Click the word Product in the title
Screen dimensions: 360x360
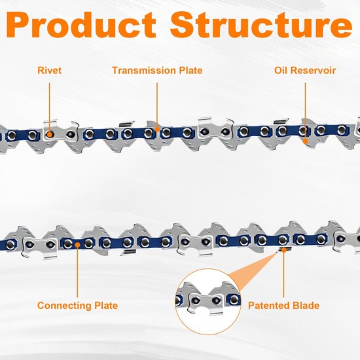81,25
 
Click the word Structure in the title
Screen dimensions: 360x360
261,25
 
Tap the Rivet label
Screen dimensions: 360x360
49,70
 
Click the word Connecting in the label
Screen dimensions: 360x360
62,306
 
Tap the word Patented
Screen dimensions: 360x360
268,306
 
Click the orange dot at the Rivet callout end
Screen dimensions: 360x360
49,135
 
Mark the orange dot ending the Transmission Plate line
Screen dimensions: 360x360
157,129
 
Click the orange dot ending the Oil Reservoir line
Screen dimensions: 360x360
306,141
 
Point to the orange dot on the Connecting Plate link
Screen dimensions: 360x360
78,245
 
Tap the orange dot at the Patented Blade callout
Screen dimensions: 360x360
284,250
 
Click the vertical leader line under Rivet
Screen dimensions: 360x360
49,107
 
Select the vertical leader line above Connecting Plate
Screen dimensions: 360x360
78,272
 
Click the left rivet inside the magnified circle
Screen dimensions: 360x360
196,300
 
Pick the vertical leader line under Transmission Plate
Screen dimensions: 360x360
157,105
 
